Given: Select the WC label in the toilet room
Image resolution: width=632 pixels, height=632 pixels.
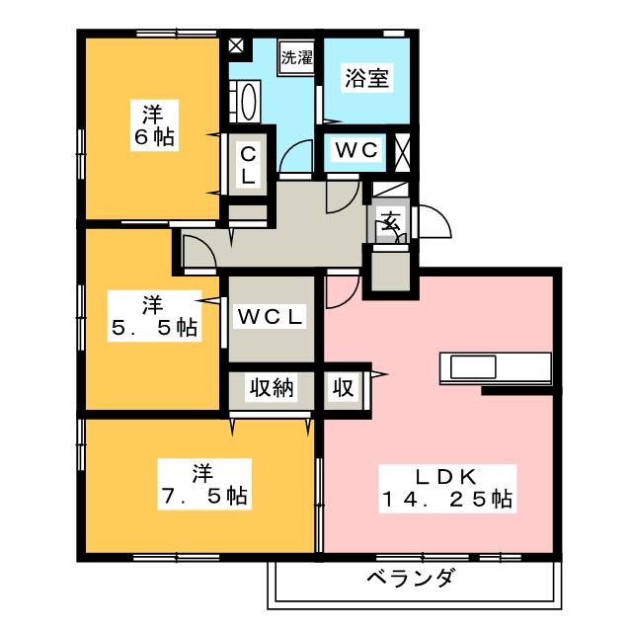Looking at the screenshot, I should [355, 150].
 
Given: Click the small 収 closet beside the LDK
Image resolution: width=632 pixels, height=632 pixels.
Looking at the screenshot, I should [343, 388].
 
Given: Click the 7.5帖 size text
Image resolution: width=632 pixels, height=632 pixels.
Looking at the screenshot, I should [205, 492].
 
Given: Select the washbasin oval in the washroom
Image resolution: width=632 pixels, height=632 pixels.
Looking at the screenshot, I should [247, 102].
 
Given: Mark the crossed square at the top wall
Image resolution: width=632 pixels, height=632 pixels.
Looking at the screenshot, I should [236, 44].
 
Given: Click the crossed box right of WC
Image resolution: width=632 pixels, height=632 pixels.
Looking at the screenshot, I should [402, 150].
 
